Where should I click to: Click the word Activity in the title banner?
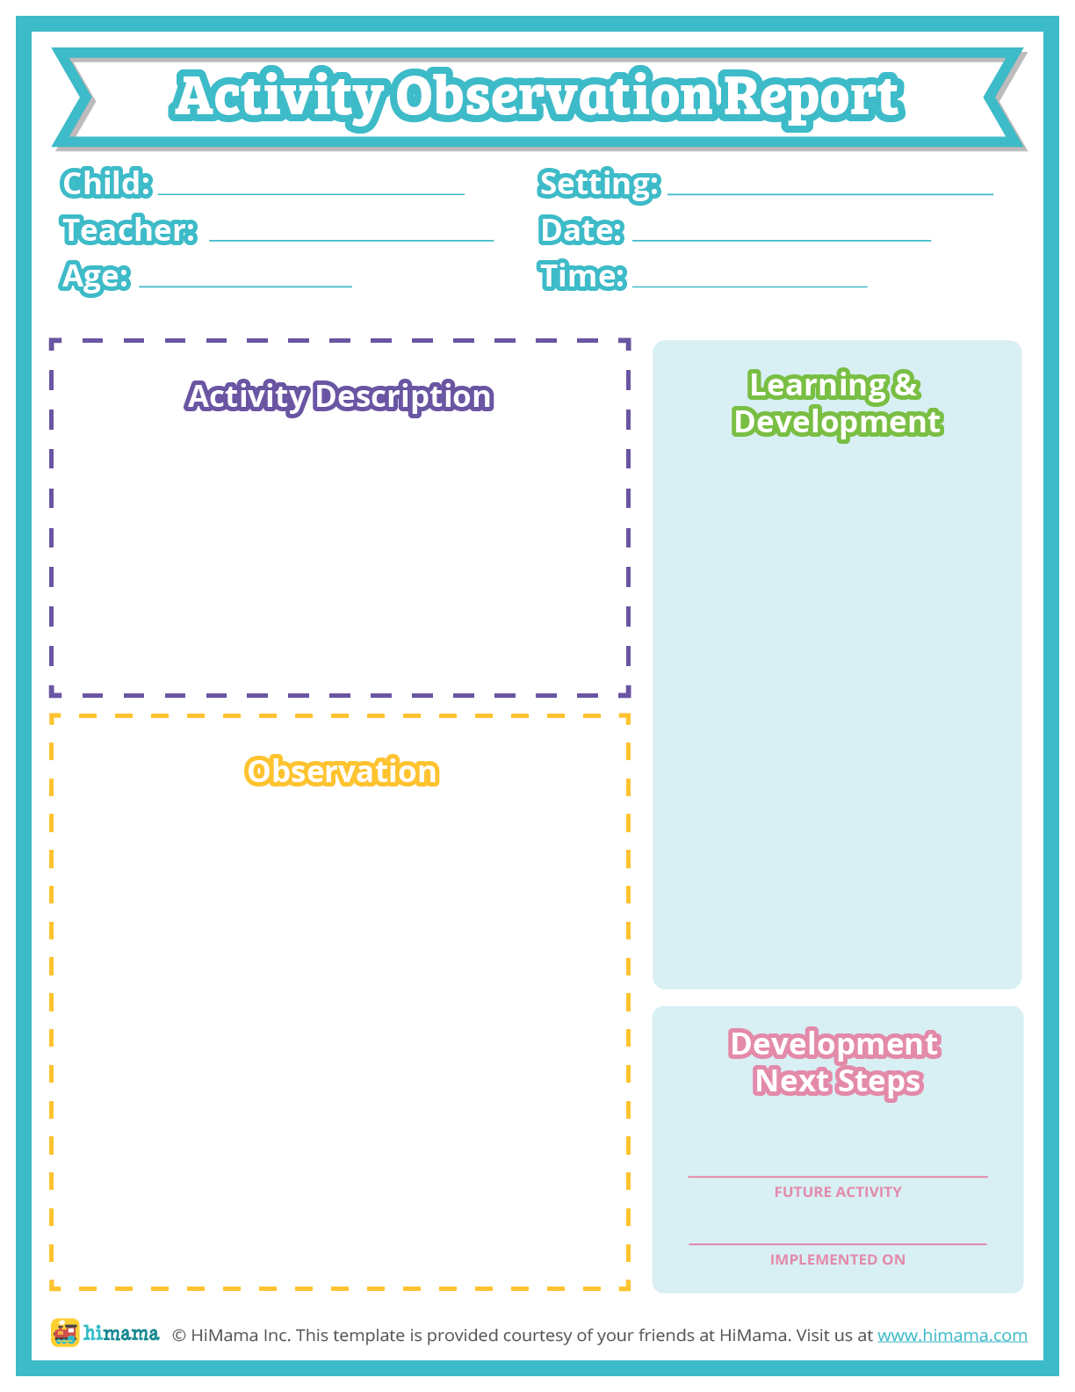(279, 97)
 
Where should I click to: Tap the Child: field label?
(106, 184)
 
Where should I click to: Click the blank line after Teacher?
(351, 239)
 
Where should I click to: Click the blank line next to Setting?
(830, 193)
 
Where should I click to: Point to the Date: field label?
(581, 230)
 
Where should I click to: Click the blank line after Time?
(749, 286)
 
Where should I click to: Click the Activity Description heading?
(339, 396)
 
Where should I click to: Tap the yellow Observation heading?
(342, 772)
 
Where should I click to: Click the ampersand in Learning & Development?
(905, 385)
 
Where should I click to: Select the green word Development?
(837, 422)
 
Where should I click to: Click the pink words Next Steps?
(837, 1081)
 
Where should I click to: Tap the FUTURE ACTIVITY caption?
(838, 1193)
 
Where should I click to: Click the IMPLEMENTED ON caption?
(838, 1260)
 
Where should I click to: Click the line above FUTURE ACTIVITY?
(838, 1176)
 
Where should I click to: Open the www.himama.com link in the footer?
(952, 1336)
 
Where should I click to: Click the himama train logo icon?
(65, 1333)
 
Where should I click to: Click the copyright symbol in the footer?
(178, 1336)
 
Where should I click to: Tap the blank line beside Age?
(245, 286)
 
